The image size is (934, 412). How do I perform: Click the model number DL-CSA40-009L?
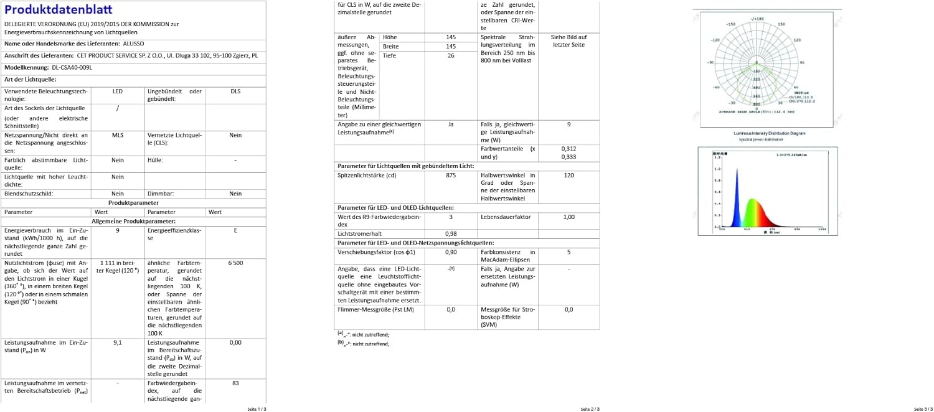pos(72,67)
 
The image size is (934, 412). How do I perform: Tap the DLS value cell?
pos(235,91)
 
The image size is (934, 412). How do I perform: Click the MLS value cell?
pos(118,135)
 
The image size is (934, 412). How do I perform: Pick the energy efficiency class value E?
pos(235,230)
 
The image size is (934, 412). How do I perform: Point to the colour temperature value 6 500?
pos(235,263)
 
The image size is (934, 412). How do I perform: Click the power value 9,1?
pos(118,342)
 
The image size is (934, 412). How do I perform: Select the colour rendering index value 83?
pos(235,383)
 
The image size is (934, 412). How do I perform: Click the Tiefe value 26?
pos(451,55)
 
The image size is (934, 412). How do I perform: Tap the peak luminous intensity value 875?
pos(451,176)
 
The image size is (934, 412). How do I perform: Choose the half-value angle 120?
pos(568,176)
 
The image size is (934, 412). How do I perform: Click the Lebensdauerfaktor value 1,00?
pos(568,217)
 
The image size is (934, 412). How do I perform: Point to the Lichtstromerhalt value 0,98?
pos(451,233)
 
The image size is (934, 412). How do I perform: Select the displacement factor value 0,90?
pos(451,252)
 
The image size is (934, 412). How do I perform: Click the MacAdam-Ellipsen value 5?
pos(568,252)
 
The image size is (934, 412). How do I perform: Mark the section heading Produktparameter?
pos(133,203)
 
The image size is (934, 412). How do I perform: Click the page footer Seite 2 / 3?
pos(590,409)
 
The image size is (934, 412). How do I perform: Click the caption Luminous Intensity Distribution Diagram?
pos(769,133)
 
